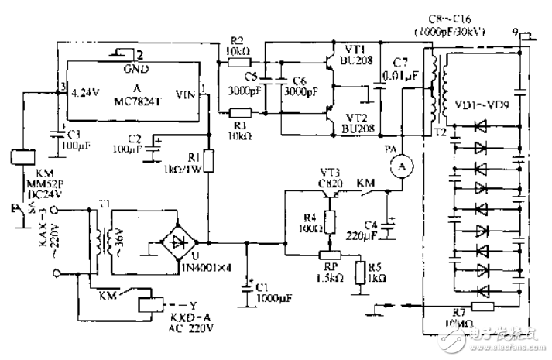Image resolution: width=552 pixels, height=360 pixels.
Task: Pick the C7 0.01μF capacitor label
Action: [399, 68]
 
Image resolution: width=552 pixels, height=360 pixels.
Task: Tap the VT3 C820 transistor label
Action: [335, 180]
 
